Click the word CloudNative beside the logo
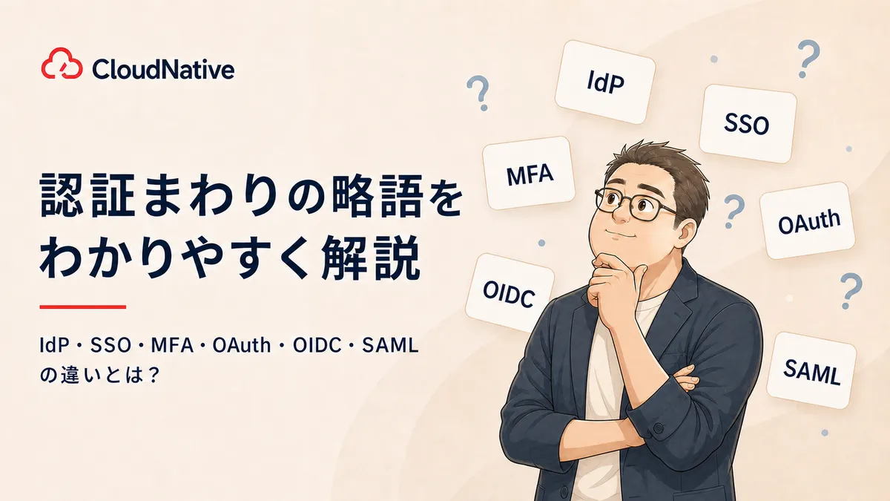(x=163, y=69)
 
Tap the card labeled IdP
(x=604, y=82)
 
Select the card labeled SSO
(x=748, y=123)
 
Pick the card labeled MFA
(x=528, y=173)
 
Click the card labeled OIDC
(x=510, y=293)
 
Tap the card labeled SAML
(x=811, y=370)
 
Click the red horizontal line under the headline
(x=82, y=307)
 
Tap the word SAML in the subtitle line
(x=390, y=346)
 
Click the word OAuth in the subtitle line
(x=242, y=346)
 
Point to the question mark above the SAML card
(x=850, y=290)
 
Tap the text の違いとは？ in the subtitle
(x=99, y=375)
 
